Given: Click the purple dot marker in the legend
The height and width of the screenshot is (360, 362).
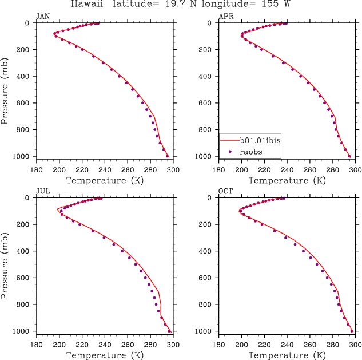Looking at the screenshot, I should click(229, 151).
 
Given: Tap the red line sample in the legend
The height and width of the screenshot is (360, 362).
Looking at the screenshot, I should click(229, 140).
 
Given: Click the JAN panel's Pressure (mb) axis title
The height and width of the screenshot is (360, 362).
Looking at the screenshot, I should click(5, 89).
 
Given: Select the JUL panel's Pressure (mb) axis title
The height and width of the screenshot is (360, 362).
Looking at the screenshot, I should click(5, 263).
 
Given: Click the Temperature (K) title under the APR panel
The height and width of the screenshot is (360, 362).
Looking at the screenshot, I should click(287, 180).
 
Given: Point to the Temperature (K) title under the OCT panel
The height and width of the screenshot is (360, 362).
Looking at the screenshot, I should click(287, 355).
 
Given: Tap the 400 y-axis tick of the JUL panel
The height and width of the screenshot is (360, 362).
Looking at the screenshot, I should click(25, 251).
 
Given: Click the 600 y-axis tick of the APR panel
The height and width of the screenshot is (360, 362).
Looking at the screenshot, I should click(208, 103).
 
